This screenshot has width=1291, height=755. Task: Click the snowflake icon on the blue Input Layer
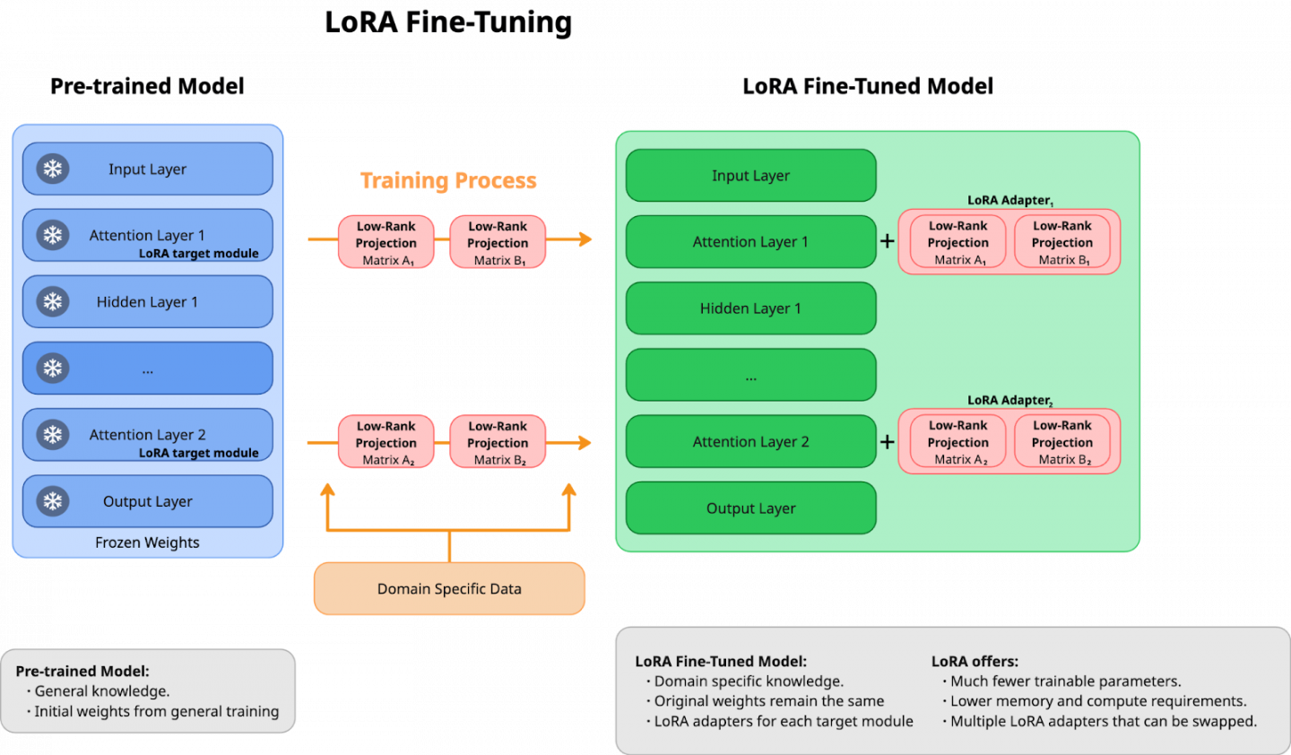click(x=53, y=169)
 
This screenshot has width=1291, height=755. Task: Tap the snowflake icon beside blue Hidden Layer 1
click(x=53, y=301)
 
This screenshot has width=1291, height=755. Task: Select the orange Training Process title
click(x=448, y=181)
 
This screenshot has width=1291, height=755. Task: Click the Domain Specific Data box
click(x=449, y=588)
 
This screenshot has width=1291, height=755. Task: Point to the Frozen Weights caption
click(x=147, y=542)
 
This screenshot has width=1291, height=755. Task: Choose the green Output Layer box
click(x=750, y=508)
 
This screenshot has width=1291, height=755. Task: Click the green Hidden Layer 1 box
click(x=750, y=308)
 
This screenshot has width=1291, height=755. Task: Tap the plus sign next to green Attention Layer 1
click(x=888, y=241)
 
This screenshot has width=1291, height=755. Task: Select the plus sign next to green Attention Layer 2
click(x=888, y=441)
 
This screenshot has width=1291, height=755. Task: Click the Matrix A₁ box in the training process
click(x=386, y=242)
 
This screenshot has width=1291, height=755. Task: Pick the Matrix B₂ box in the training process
click(x=498, y=442)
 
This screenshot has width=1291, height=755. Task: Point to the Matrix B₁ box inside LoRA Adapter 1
click(x=1062, y=242)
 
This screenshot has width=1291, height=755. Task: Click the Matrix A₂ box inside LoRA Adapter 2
click(x=958, y=442)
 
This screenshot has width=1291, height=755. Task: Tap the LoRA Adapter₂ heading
click(x=1009, y=400)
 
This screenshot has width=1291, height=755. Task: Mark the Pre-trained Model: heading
click(x=82, y=671)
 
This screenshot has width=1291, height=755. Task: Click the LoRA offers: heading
click(x=975, y=661)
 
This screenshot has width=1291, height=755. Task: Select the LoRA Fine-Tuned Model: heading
click(x=721, y=661)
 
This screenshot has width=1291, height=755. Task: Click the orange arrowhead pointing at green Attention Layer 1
click(x=585, y=239)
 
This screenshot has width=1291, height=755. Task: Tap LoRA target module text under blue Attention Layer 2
click(x=198, y=453)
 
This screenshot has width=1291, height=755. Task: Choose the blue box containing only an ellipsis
click(x=147, y=369)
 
